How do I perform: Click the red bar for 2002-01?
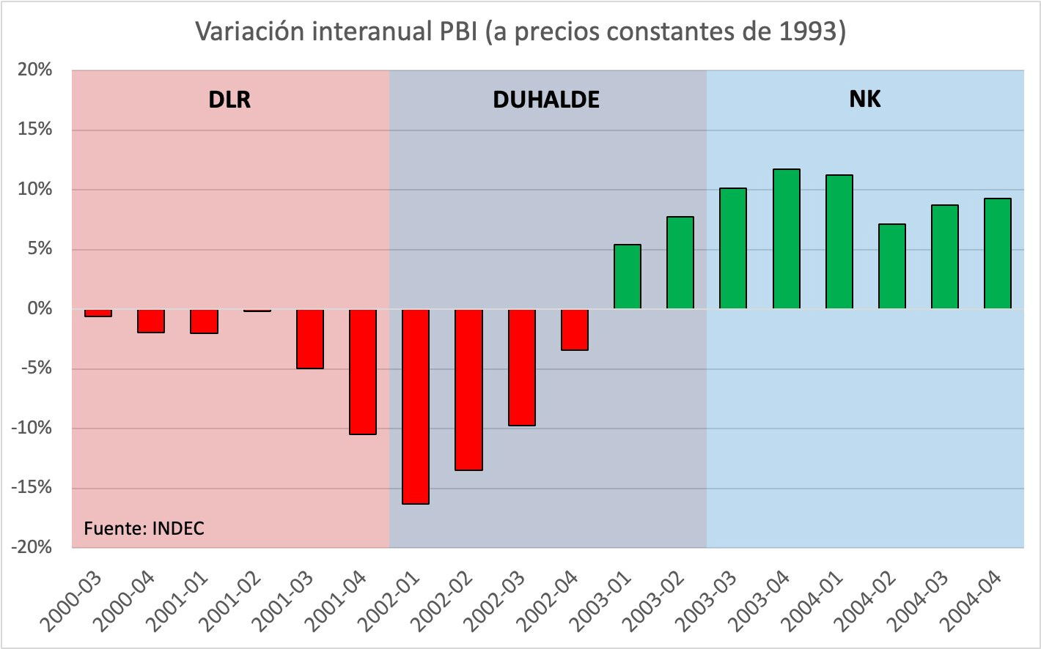pyautogui.click(x=416, y=407)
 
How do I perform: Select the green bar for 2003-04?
pyautogui.click(x=787, y=239)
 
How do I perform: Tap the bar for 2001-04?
pyautogui.click(x=363, y=371)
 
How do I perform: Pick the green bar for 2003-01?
pyautogui.click(x=628, y=277)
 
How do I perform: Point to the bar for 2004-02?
pyautogui.click(x=892, y=267)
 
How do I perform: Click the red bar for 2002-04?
pyautogui.click(x=575, y=330)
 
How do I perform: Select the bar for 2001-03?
pyautogui.click(x=310, y=338)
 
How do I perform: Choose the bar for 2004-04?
pyautogui.click(x=998, y=253)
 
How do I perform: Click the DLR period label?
pyautogui.click(x=229, y=100)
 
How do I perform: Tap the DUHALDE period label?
pyautogui.click(x=546, y=100)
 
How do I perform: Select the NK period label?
pyautogui.click(x=864, y=99)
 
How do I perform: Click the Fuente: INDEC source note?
pyautogui.click(x=144, y=528)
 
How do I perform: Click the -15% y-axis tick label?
pyautogui.click(x=32, y=488)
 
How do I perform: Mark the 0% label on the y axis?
pyautogui.click(x=40, y=309)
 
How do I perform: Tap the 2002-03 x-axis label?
pyautogui.click(x=499, y=600)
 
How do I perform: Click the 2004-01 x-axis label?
pyautogui.click(x=815, y=600)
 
